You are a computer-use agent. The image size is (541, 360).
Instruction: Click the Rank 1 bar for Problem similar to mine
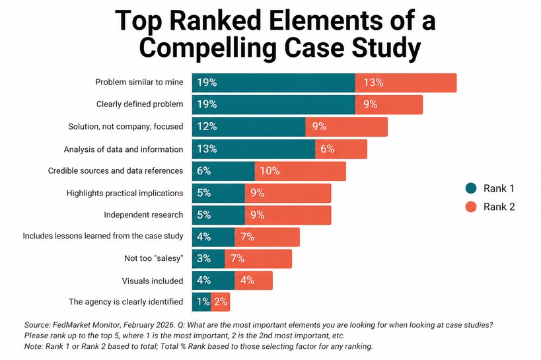point(273,83)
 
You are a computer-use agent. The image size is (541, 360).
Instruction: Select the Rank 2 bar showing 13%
point(406,83)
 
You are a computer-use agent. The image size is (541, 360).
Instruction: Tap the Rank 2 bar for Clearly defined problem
point(388,104)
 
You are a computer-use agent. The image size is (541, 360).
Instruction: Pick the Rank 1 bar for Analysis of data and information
point(253,149)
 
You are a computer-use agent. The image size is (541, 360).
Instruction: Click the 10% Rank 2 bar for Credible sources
point(300,170)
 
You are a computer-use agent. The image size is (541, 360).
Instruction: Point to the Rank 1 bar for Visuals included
point(213,280)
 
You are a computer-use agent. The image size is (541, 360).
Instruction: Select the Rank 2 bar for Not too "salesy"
point(258,258)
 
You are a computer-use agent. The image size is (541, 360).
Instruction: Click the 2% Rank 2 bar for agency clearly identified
point(221,302)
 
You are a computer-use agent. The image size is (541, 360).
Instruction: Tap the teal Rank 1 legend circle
point(471,188)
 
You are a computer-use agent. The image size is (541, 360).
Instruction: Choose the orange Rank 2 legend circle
point(471,207)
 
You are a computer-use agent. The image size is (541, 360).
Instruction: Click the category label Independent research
point(143,215)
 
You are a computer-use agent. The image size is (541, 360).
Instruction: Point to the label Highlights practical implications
point(125,193)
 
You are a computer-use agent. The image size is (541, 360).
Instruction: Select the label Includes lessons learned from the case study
point(103,236)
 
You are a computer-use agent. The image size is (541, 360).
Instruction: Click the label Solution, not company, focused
point(126,126)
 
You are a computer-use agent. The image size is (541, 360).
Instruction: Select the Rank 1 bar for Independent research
point(218,215)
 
